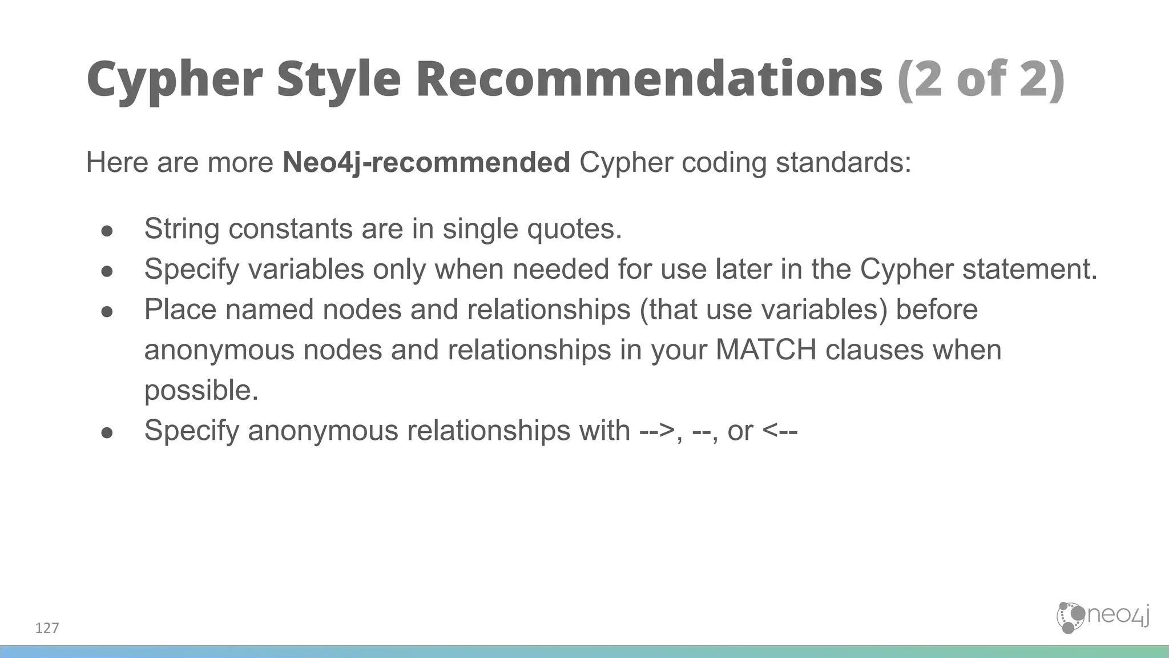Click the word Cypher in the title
(x=174, y=80)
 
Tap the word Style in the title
(x=338, y=80)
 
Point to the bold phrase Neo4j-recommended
(x=426, y=163)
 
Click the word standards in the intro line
(x=843, y=163)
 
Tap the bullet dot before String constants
(x=107, y=230)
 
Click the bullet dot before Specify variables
(x=107, y=271)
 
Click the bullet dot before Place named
(x=107, y=311)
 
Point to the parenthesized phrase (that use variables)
(x=763, y=310)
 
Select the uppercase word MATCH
(x=765, y=350)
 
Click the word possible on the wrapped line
(x=201, y=391)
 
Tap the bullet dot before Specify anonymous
(x=107, y=432)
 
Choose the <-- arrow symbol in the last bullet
(x=780, y=431)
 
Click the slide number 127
(x=47, y=628)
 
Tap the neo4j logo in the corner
(x=1102, y=617)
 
